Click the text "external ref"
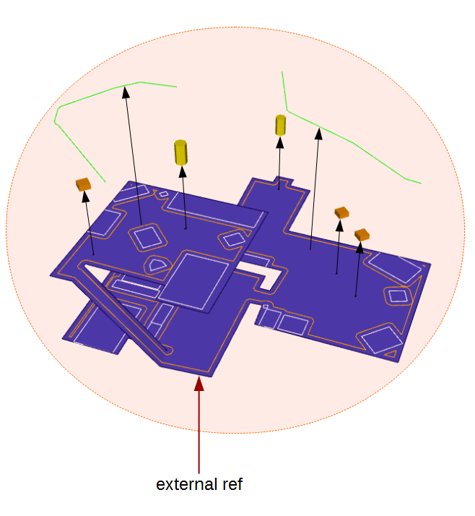coord(199,484)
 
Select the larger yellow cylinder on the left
coord(181,152)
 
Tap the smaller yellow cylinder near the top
coord(280,125)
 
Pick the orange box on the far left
coord(84,184)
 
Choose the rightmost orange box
coord(362,234)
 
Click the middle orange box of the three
coord(342,212)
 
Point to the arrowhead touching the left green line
coord(126,91)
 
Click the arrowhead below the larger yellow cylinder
coord(182,173)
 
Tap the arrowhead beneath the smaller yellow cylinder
coord(279,141)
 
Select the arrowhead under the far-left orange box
coord(85,197)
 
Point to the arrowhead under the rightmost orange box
coord(360,247)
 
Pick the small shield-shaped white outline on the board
coord(156,264)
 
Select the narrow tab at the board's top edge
coord(278,184)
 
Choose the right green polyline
coord(354,144)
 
